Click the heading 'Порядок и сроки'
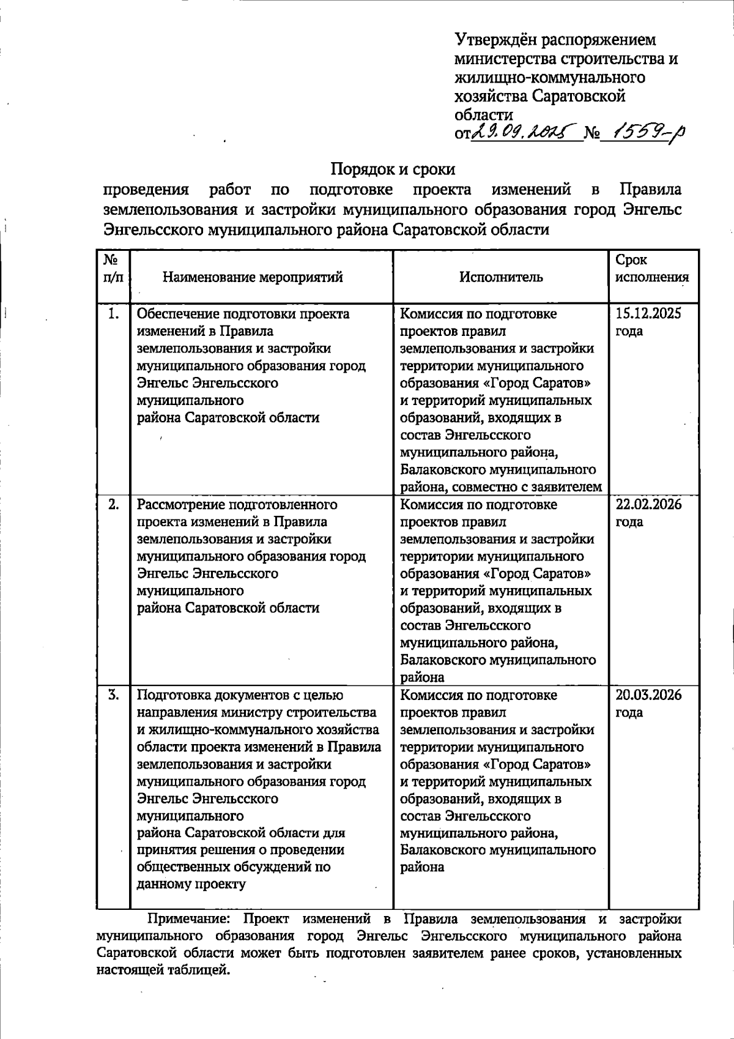point(393,168)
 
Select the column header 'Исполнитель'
point(501,277)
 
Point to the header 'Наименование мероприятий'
point(253,277)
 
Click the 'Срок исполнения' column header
point(651,269)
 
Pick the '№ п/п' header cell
point(113,269)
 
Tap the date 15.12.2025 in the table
point(648,315)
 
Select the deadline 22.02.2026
point(648,505)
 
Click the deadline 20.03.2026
point(648,695)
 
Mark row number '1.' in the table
point(113,315)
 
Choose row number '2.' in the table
point(113,505)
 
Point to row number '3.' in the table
point(113,695)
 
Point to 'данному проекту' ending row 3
point(191,884)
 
